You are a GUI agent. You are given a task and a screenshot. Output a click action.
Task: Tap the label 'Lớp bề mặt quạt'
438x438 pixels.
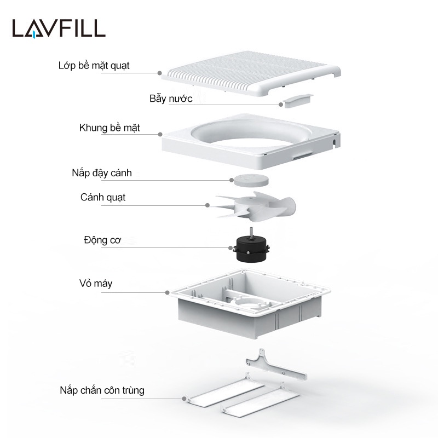[x=94, y=66]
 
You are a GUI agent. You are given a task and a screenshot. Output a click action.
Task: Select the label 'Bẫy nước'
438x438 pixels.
[x=171, y=99]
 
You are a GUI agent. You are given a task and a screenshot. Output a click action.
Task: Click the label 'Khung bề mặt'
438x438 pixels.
[x=109, y=128]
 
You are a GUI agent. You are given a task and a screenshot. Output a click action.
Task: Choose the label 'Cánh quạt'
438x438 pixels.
[x=103, y=198]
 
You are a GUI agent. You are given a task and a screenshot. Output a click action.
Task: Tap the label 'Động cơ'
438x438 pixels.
[x=102, y=240]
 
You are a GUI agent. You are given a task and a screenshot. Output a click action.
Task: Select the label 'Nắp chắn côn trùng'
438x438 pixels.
[x=102, y=390]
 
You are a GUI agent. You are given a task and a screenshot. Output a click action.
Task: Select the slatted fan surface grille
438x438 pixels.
[x=252, y=74]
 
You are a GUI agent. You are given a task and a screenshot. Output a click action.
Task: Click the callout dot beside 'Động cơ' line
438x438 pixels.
[x=230, y=247]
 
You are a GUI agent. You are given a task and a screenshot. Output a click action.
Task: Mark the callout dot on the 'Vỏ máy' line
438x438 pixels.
[x=167, y=292]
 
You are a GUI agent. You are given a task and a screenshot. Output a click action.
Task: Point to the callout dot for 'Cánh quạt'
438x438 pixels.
[x=208, y=205]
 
